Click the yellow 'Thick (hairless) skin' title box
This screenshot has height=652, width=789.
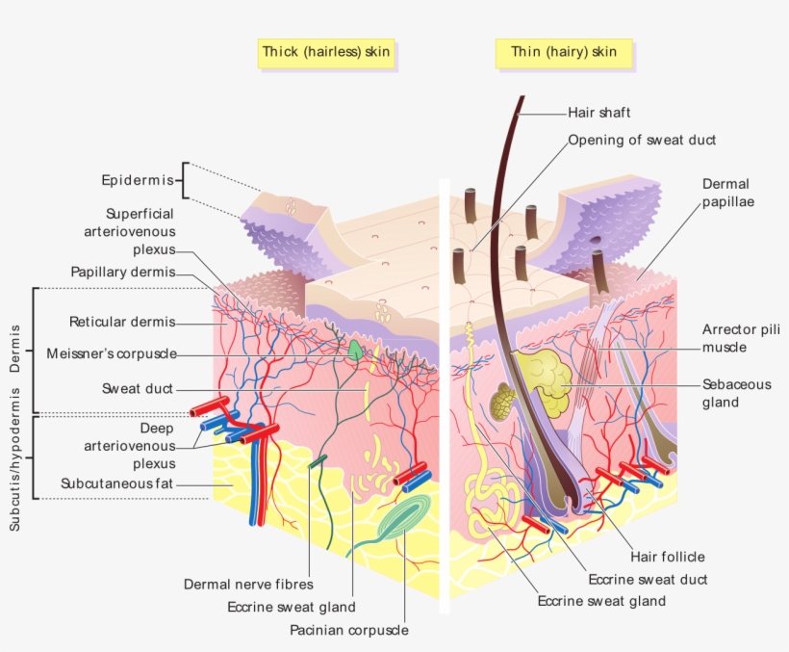tap(326, 52)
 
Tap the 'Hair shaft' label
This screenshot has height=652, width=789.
tap(598, 113)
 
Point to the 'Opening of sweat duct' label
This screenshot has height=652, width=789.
tap(642, 140)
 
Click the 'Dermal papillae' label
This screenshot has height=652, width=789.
tap(725, 193)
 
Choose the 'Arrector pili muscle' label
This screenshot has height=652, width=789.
tap(740, 338)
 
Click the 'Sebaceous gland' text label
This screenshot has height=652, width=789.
tap(736, 393)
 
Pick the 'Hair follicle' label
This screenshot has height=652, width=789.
tap(668, 557)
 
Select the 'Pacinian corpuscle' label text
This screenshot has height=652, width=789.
tap(349, 630)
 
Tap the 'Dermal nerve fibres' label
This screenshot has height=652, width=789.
tap(248, 584)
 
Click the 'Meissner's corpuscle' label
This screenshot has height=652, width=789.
tap(111, 353)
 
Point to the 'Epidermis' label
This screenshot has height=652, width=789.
tap(138, 180)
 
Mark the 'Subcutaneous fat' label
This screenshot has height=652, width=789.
tap(116, 483)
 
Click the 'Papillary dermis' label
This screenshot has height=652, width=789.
tap(122, 272)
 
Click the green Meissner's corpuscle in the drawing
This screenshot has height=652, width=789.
tap(357, 351)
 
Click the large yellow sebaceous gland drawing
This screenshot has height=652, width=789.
tap(543, 378)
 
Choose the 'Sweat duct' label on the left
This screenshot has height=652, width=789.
tap(138, 388)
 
